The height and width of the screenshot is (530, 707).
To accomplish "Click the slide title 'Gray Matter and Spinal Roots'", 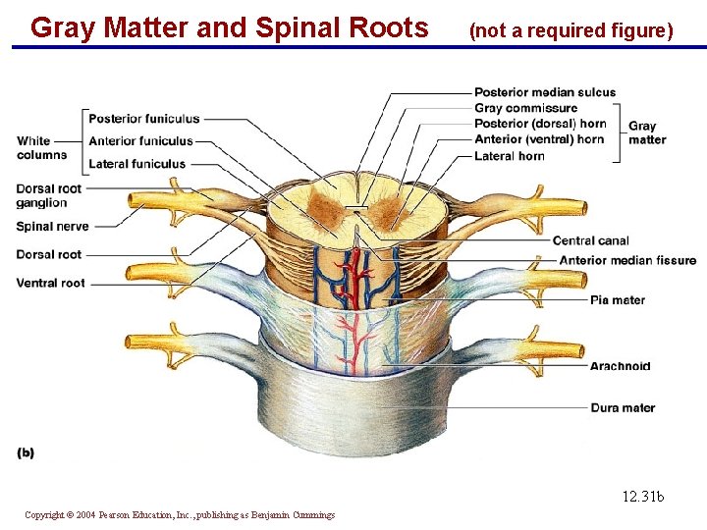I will tap(230, 27).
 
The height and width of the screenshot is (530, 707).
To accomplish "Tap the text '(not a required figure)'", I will tap(571, 30).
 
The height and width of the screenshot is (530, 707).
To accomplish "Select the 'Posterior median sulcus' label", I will tap(545, 93).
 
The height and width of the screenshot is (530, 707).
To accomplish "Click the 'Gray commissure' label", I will tap(525, 108).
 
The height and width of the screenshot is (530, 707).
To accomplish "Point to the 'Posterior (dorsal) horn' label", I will tap(540, 124).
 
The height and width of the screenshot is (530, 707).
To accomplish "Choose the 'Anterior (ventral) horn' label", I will tap(539, 139).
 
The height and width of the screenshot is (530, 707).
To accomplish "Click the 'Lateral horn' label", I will tap(509, 155).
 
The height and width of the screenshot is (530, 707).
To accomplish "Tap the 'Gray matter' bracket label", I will tap(646, 132).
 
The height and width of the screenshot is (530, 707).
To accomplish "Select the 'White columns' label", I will tap(41, 147).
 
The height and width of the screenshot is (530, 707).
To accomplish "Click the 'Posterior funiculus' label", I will tap(143, 119).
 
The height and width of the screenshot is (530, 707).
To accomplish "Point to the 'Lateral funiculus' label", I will tap(136, 164).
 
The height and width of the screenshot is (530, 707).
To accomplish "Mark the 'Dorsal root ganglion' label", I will tap(48, 195).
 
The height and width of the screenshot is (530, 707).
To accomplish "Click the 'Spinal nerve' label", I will tap(52, 227).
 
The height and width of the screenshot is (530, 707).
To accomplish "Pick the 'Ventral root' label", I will tap(50, 283).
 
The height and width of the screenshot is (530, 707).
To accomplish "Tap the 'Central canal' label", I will tap(590, 240).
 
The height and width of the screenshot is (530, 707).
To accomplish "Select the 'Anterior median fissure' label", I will tap(627, 260).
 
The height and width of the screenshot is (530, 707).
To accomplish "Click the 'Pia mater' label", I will tap(617, 299).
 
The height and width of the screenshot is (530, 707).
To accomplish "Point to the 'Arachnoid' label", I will tap(620, 366).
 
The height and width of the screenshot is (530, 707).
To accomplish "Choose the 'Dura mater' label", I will tap(623, 407).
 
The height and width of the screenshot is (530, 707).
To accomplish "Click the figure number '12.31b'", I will tap(642, 497).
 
